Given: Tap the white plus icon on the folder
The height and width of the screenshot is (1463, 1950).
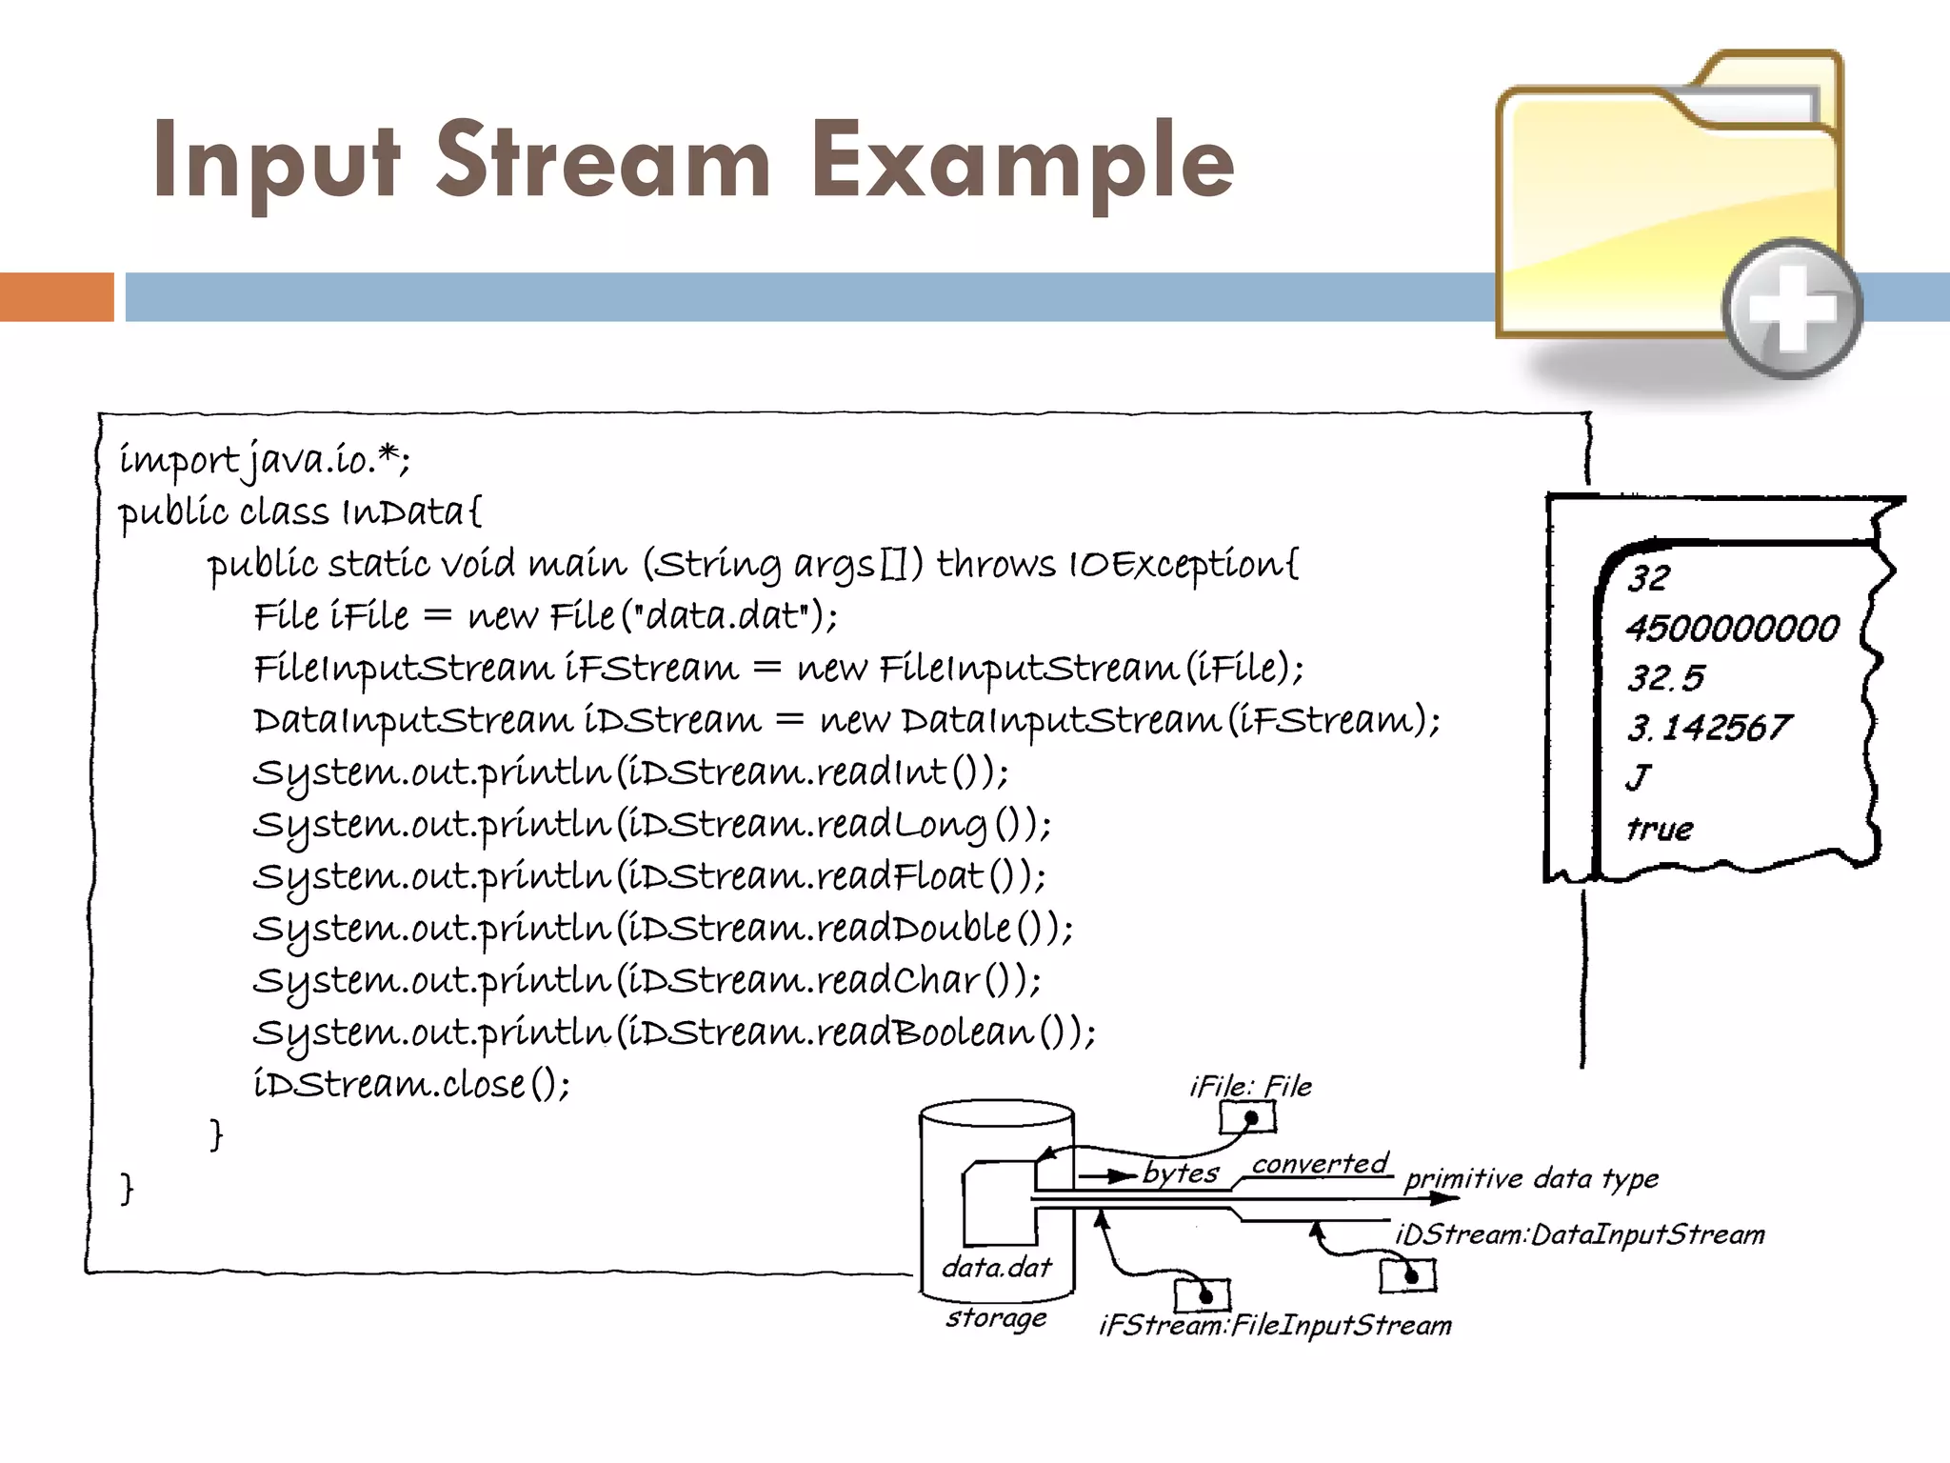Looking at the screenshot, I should point(1793,309).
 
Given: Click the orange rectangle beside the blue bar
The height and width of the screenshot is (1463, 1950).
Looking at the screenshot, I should point(57,296).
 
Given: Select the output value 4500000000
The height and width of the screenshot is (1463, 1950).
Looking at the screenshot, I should point(1733,628).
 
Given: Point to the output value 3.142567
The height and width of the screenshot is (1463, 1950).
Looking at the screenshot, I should point(1709,728).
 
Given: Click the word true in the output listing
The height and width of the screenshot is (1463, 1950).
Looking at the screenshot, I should point(1660,828).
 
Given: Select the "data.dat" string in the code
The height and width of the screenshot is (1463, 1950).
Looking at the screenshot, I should point(722,616).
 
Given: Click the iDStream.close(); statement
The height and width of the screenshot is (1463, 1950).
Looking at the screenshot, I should point(411,1084).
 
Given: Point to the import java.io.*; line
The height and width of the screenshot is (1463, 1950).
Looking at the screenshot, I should point(265,459).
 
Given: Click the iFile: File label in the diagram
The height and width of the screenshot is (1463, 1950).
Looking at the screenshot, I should point(1250,1086).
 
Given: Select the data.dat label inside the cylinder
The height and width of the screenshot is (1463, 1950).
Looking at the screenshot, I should point(997,1267).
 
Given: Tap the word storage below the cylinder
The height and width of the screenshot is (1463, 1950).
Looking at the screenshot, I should point(996,1317).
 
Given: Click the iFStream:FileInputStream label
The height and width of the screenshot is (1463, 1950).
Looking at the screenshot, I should point(1275,1325).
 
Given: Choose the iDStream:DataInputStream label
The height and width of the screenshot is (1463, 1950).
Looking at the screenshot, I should point(1580,1234).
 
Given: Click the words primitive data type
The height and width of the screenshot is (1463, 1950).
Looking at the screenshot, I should point(1531,1179).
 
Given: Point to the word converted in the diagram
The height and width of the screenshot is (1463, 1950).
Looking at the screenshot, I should point(1320,1163).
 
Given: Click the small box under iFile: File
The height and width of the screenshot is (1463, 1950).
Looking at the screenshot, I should point(1247,1117).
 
